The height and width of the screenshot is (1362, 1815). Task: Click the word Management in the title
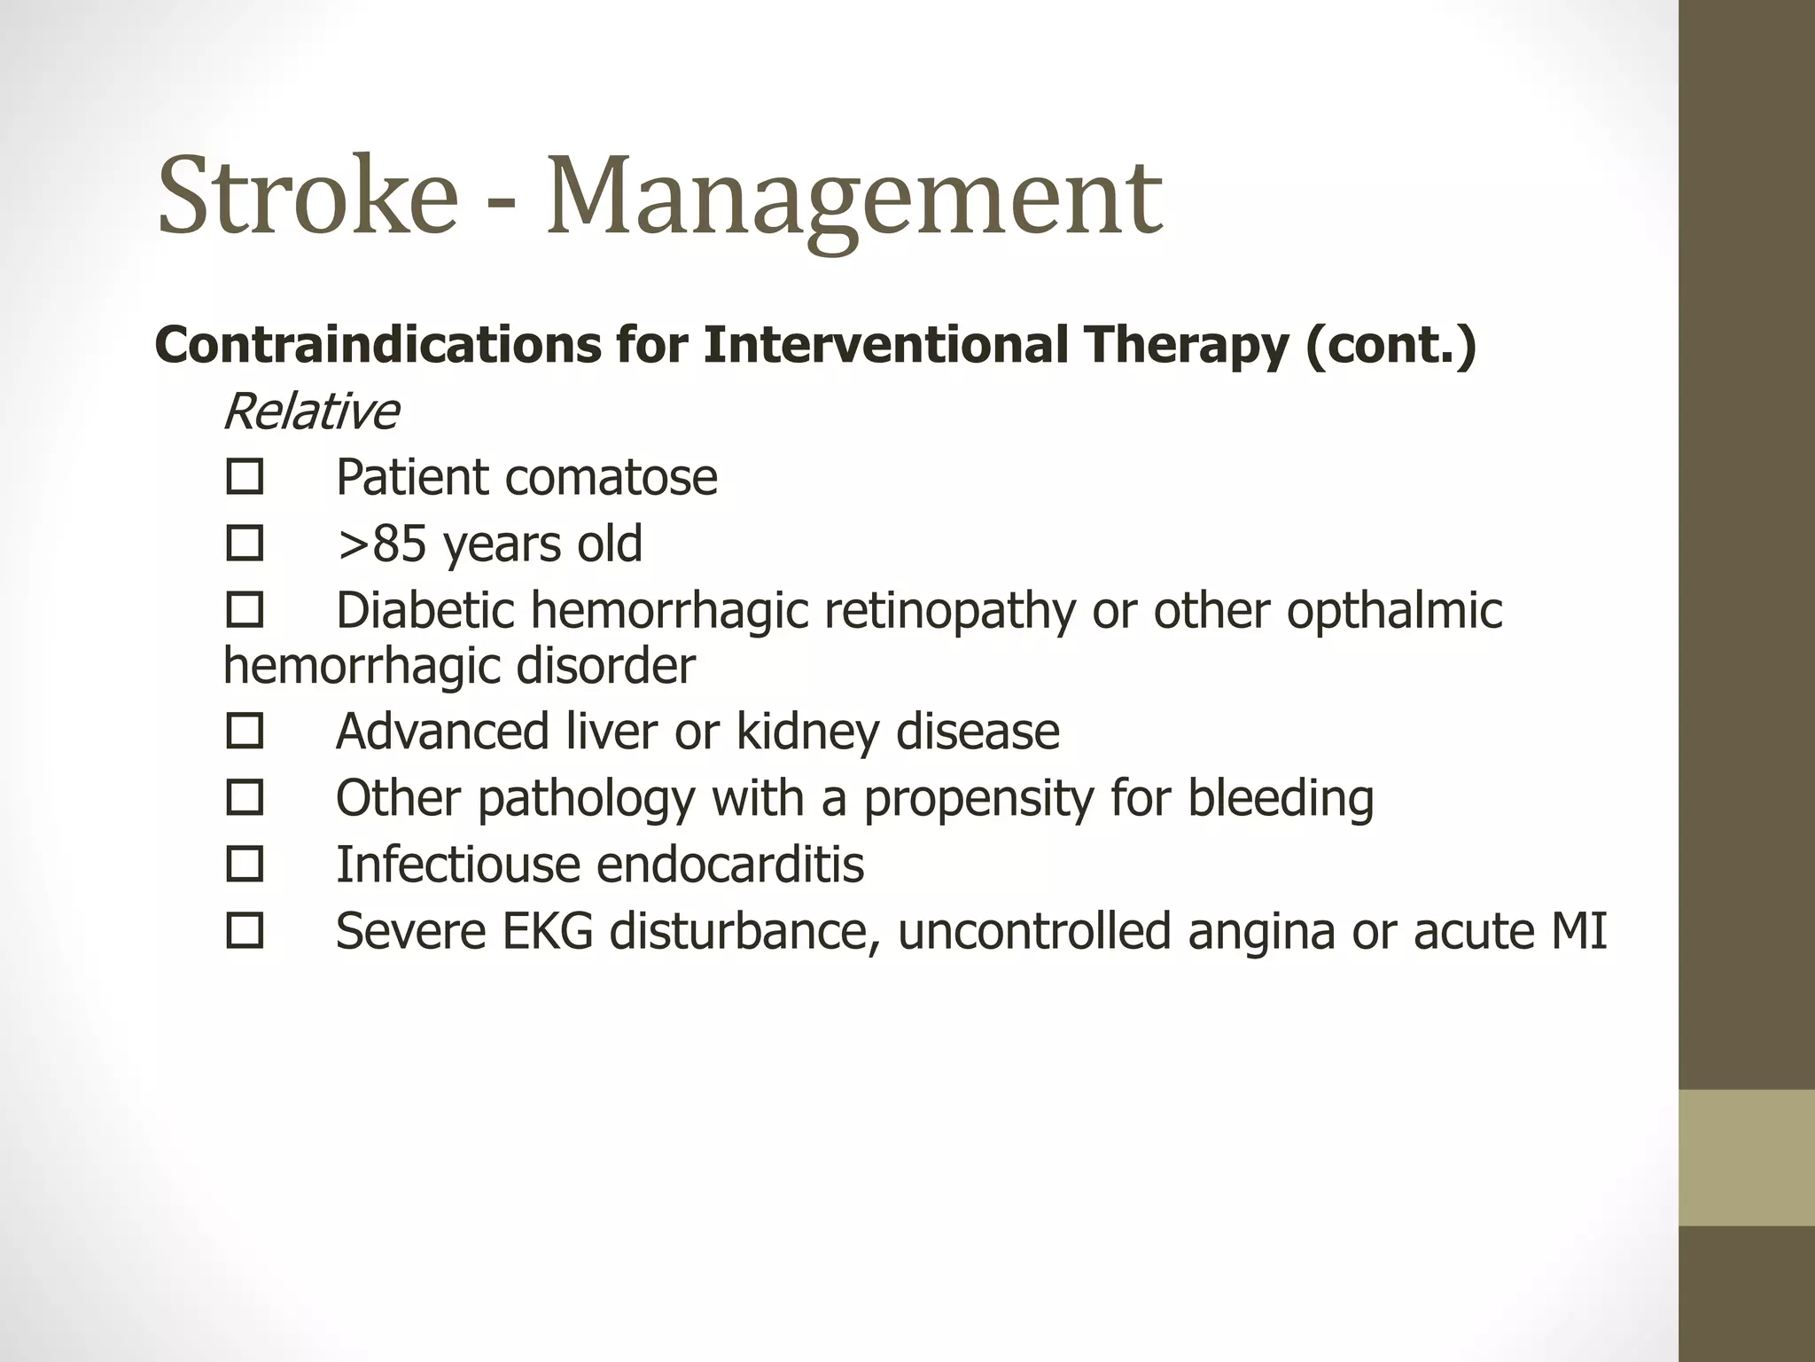pyautogui.click(x=853, y=200)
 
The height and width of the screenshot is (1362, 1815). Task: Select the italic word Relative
pyautogui.click(x=311, y=412)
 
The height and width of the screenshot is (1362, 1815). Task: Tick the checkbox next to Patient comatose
pyautogui.click(x=245, y=477)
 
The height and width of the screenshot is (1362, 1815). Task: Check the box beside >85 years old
pyautogui.click(x=245, y=544)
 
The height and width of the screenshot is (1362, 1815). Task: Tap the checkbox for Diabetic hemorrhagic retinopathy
pyautogui.click(x=245, y=610)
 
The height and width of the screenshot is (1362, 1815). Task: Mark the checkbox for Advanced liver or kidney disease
pyautogui.click(x=245, y=732)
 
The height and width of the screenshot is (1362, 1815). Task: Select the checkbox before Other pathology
pyautogui.click(x=245, y=798)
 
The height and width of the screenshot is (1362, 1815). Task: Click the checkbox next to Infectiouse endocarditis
pyautogui.click(x=245, y=865)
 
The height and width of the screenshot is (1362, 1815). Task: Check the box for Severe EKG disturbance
pyautogui.click(x=245, y=931)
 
